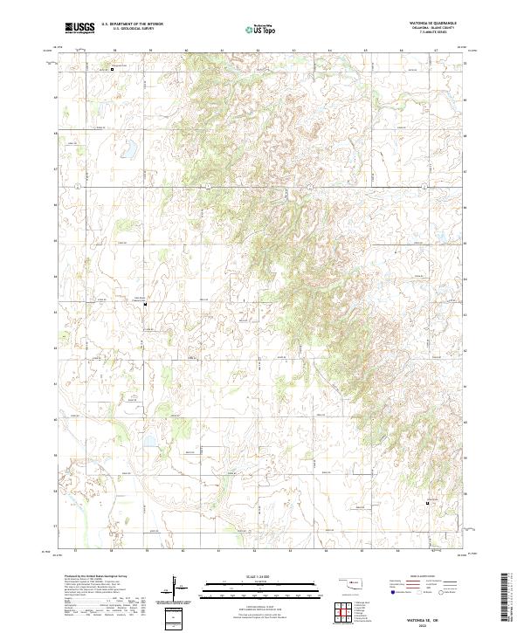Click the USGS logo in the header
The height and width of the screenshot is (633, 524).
pos(79,28)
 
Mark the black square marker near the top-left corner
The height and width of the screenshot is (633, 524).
pos(112,69)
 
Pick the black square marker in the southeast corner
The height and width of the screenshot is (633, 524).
pos(427,504)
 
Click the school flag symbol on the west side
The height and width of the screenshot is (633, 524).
pos(145,304)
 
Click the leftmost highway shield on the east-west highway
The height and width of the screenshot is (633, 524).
pos(79,187)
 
